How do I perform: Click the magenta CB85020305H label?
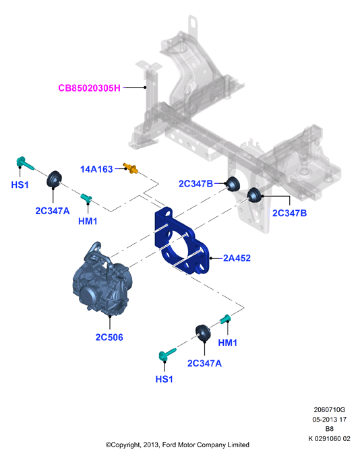tap(89, 88)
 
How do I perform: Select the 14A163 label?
tap(96, 169)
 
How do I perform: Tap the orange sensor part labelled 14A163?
tap(130, 168)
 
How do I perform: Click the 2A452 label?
tap(237, 258)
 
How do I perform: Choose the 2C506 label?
tap(109, 337)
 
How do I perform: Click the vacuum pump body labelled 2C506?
tap(101, 280)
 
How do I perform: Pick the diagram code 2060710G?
tap(329, 410)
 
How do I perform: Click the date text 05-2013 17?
tap(329, 420)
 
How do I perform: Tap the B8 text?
tap(329, 429)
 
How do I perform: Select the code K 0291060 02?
tap(329, 438)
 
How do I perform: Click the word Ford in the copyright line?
tap(169, 445)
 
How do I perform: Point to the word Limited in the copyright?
tap(239, 445)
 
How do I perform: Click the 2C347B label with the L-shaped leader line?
tap(289, 214)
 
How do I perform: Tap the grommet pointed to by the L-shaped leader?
tap(254, 195)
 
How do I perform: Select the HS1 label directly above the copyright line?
tap(164, 379)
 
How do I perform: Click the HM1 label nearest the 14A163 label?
tap(88, 221)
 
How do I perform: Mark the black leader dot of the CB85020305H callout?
tap(145, 87)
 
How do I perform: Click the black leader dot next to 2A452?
tap(210, 258)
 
